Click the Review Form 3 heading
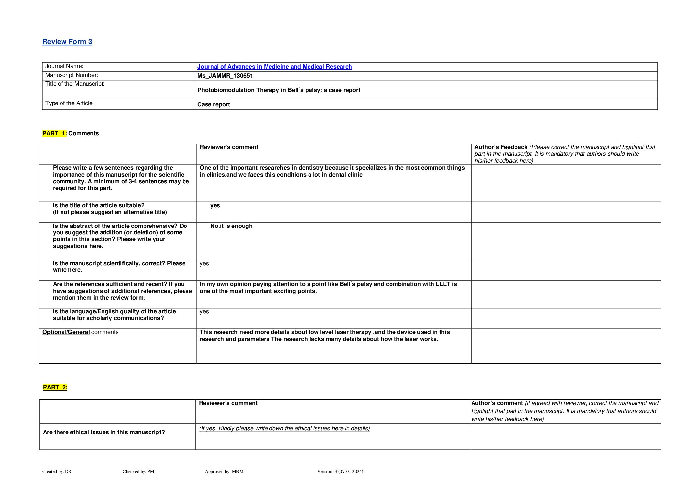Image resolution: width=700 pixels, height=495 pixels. pos(67,42)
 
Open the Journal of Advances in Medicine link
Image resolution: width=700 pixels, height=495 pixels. pos(274,67)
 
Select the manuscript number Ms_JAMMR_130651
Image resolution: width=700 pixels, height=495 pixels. pos(225,76)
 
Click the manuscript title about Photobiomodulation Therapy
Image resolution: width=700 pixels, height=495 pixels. pos(278,90)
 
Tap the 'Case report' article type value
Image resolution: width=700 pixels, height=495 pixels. pos(214,104)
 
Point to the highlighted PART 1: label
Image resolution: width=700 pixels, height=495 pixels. pos(55,133)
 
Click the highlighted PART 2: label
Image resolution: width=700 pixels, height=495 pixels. pos(55,387)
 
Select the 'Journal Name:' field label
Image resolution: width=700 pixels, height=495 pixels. pos(64,66)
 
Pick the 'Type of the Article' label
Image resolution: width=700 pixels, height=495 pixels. pos(69,103)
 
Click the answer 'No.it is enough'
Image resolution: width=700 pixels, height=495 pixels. pos(231,226)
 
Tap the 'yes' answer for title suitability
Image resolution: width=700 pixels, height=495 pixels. pos(215,205)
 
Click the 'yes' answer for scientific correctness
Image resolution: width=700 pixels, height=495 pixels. pos(204,263)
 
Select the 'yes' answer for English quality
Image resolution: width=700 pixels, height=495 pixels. pos(204,311)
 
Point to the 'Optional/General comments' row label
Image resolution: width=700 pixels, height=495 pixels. pos(80,332)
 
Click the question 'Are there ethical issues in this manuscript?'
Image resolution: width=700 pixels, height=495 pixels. pos(104,432)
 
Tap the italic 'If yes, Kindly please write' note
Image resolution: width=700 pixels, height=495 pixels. pos(284,428)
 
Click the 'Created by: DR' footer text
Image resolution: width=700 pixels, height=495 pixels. pos(57,471)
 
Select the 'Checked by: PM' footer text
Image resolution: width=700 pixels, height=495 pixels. pos(138,471)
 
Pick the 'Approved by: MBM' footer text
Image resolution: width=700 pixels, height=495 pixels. pos(224,471)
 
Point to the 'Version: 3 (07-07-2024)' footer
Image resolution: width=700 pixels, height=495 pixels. pos(340,471)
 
